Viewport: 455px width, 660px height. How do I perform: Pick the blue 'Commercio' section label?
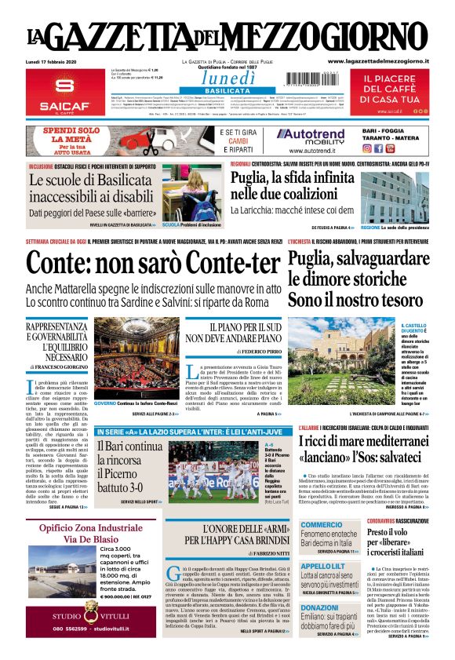tap(322, 525)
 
